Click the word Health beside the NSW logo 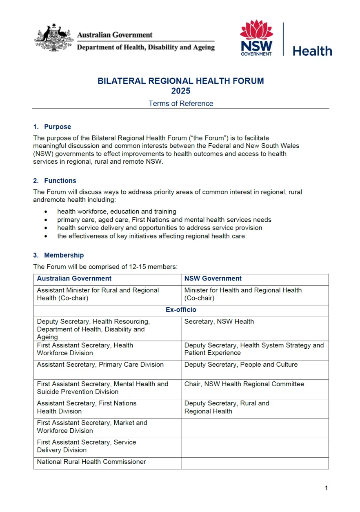point(312,51)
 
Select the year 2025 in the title point(181,91)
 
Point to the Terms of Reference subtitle point(181,103)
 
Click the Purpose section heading point(58,127)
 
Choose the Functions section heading point(60,180)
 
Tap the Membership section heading point(64,255)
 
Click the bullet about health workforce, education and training point(117,211)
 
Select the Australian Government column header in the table point(74,278)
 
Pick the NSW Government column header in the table point(213,278)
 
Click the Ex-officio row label point(181,310)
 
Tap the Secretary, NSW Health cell point(219,321)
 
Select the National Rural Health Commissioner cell point(91,462)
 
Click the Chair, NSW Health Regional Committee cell point(244,384)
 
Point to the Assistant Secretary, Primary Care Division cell point(100,365)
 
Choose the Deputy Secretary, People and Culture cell point(241,365)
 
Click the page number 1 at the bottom point(326,488)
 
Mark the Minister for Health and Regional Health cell point(243,294)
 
